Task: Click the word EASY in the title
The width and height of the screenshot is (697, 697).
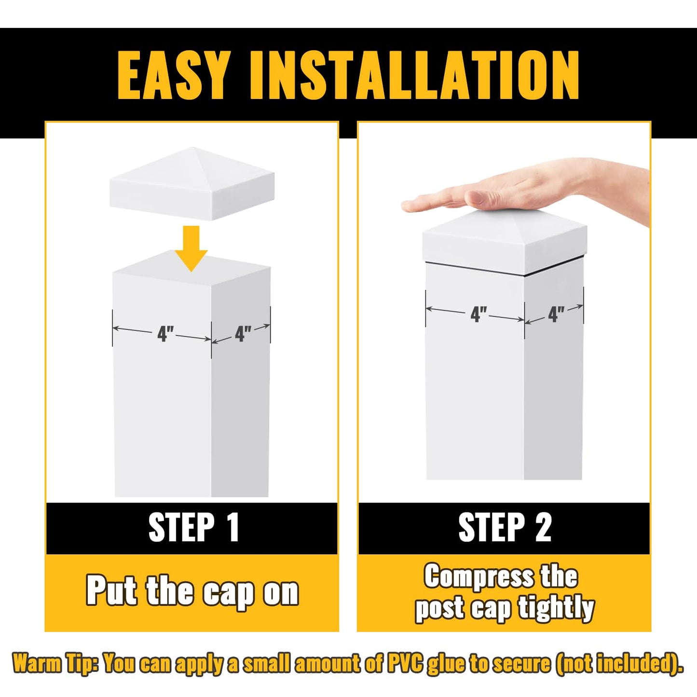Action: (173, 75)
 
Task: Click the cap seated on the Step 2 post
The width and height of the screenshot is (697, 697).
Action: (504, 241)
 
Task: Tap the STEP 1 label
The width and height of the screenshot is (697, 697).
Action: (193, 528)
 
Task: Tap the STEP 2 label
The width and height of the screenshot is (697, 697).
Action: (505, 528)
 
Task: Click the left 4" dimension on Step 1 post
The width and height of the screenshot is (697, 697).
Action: (165, 333)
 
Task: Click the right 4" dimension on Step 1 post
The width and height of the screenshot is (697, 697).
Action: (243, 333)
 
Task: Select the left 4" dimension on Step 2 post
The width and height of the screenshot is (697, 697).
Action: (478, 314)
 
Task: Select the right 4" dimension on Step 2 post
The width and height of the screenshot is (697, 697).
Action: (556, 314)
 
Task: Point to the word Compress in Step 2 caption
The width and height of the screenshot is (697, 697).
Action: (479, 576)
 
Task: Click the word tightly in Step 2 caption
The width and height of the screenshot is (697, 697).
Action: (556, 608)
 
